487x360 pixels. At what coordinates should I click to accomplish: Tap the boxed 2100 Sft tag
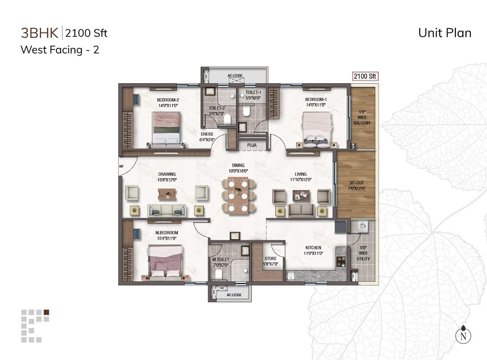click(x=365, y=76)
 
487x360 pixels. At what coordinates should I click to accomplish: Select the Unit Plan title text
click(x=445, y=33)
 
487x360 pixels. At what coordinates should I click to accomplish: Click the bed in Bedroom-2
click(x=166, y=129)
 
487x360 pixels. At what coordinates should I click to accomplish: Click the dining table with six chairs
click(x=239, y=196)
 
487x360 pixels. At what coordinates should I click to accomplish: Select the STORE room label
click(x=270, y=259)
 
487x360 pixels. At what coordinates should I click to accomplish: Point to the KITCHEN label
click(x=313, y=248)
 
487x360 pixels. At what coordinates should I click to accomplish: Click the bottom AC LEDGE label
click(x=234, y=295)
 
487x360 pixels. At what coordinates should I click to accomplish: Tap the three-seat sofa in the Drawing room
click(x=167, y=210)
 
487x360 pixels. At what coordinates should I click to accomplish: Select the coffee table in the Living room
click(x=301, y=196)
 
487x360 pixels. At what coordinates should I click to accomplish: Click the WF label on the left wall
click(x=121, y=166)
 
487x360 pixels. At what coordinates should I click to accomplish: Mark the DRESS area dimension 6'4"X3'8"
click(x=207, y=140)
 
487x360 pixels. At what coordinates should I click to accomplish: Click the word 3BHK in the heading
click(x=39, y=33)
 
